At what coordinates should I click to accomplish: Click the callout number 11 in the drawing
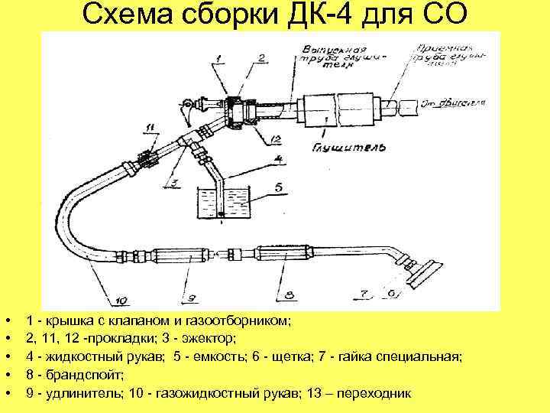coord(150,126)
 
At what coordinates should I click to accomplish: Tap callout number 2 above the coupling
coord(261,58)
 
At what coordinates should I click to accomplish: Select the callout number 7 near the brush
coord(365,291)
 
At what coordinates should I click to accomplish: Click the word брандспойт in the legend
coord(64,375)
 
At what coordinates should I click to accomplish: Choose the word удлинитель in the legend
coord(76,393)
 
